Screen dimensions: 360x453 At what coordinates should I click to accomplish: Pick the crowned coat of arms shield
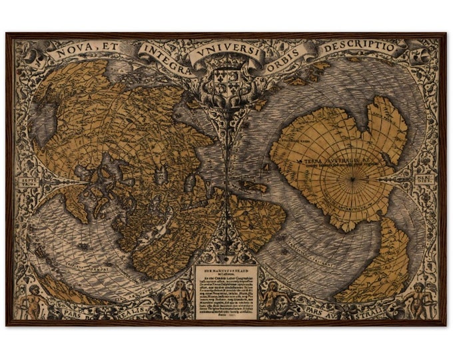coord(226,81)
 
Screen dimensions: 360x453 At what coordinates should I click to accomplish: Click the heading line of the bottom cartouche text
coord(226,271)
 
